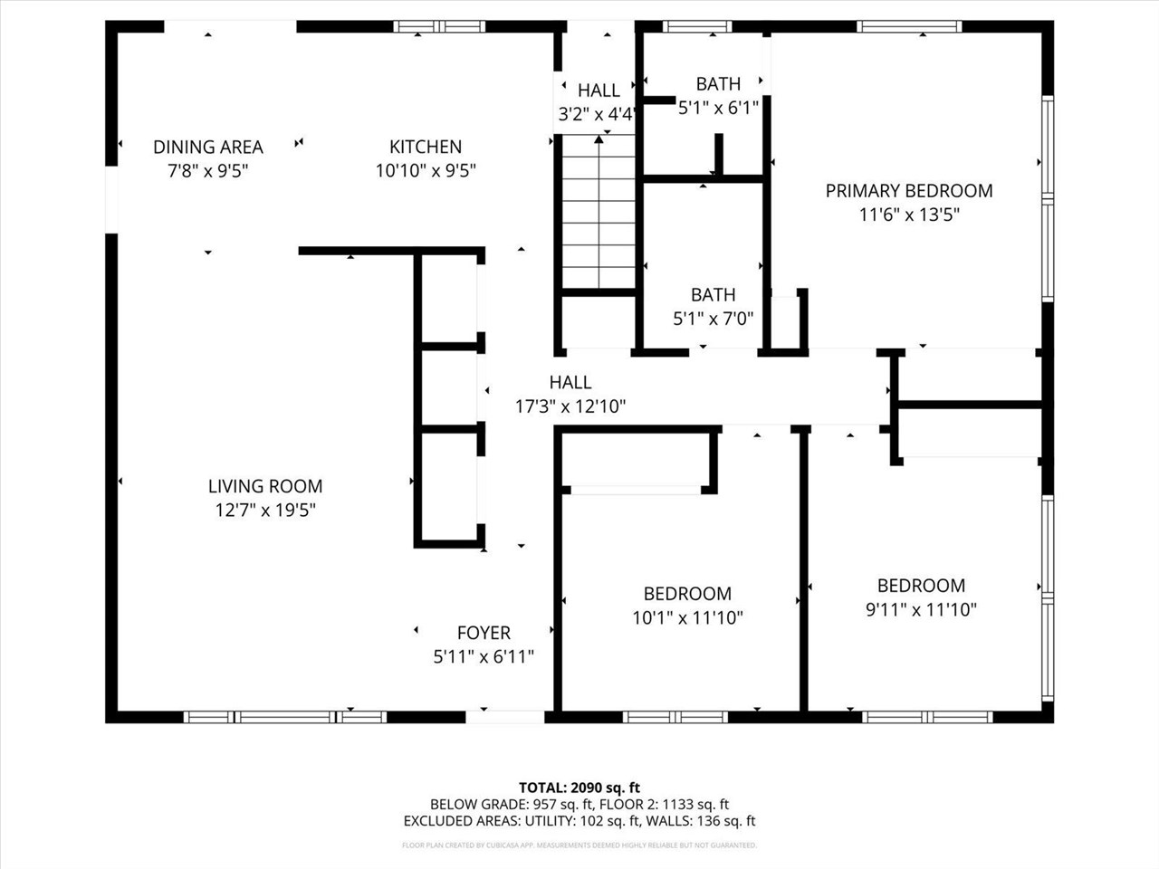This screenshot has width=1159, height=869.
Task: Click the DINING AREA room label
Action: tap(207, 147)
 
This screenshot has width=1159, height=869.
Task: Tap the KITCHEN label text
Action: tap(426, 147)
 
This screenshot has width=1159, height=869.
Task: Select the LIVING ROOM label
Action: tap(265, 486)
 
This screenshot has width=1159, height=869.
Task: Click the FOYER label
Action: tap(484, 633)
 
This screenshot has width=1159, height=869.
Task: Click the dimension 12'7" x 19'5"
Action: tap(265, 511)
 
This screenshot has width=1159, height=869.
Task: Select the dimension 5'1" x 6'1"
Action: tap(718, 108)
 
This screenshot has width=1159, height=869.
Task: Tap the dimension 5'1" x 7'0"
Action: tap(713, 319)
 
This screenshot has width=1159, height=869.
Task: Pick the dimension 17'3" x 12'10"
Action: tap(570, 406)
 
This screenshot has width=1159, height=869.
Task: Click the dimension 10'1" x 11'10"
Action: tap(687, 618)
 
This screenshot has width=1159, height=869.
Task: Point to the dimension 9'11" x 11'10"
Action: tap(921, 610)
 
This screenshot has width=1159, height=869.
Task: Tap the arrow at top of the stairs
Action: tap(599, 139)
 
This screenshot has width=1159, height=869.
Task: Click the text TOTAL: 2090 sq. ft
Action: tap(579, 788)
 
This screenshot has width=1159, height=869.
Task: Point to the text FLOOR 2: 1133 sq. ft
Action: tap(675, 804)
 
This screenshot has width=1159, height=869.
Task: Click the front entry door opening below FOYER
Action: tap(504, 717)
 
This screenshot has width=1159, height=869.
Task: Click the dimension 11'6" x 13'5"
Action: tap(909, 215)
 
